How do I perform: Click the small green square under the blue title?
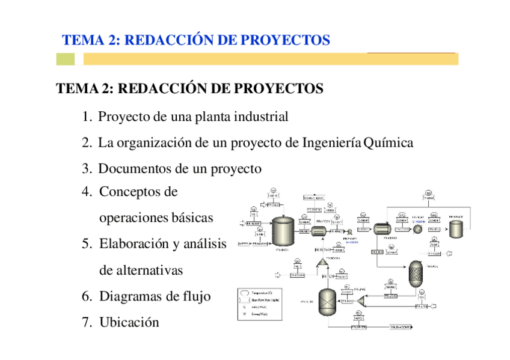66,59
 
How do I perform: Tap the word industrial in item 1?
257,117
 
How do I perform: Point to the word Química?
389,143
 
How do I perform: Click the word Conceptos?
138,192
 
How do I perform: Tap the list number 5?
87,244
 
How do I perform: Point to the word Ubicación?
129,322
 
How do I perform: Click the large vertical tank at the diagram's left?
283,231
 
